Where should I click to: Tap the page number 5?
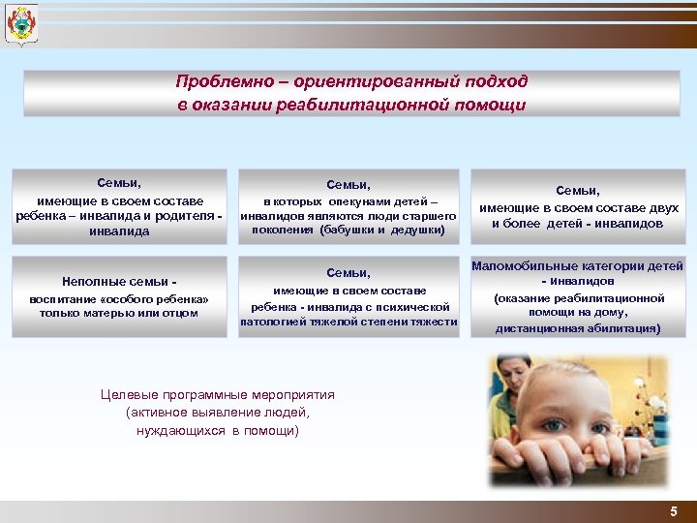[x=674, y=510]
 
